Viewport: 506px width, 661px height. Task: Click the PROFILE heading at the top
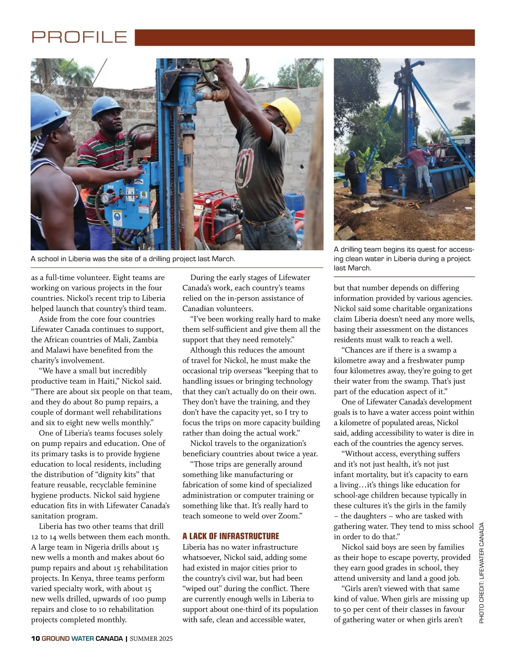tap(79, 37)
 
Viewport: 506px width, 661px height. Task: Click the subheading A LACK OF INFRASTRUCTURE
tap(231, 536)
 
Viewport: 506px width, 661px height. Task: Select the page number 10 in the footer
tap(35, 638)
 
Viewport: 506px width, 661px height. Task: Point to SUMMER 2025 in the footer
tap(151, 638)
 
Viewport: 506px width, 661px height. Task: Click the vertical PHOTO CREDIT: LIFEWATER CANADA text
tap(482, 573)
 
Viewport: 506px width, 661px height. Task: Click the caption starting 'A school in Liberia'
tap(133, 259)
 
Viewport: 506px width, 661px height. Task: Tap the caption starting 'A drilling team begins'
tap(404, 258)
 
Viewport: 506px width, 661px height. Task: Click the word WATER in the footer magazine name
tap(83, 638)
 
